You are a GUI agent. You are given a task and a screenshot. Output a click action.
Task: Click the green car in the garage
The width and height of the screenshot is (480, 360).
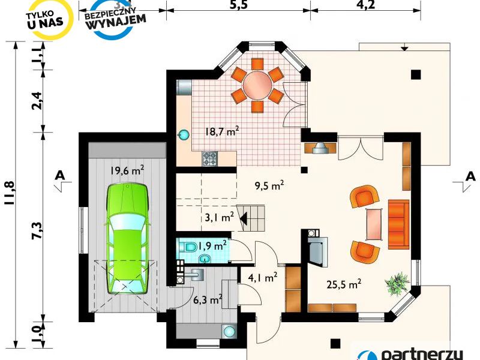click(x=127, y=239)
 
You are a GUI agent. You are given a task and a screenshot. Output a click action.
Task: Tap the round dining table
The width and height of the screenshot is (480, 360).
click(x=257, y=85)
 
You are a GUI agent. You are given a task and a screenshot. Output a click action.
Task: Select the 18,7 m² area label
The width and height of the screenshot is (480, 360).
click(x=222, y=131)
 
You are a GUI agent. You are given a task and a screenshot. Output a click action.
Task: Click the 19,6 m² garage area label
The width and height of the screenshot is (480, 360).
click(x=127, y=170)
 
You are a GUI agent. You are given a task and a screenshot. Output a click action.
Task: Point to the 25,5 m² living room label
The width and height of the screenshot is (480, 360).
click(x=344, y=284)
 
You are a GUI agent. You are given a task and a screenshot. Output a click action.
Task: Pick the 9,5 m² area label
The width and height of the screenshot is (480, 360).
click(x=269, y=185)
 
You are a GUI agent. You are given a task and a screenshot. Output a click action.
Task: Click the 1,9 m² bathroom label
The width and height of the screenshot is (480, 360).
click(x=212, y=245)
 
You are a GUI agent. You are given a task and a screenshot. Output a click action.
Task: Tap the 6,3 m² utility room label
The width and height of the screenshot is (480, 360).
click(x=208, y=299)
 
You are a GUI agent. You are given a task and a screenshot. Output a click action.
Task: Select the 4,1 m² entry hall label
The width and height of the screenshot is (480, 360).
click(x=263, y=278)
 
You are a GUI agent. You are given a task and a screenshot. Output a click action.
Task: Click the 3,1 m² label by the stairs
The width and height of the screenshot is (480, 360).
click(x=219, y=217)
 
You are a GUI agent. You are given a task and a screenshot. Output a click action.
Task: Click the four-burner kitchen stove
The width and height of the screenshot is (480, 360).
click(x=209, y=158)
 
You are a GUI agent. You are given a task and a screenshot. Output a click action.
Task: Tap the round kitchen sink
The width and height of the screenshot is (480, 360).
click(x=184, y=134)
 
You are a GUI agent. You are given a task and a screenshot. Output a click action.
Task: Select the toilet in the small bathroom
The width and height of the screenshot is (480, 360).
click(x=189, y=247)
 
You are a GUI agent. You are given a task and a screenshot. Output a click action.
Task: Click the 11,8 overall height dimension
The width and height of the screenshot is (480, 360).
click(x=10, y=193)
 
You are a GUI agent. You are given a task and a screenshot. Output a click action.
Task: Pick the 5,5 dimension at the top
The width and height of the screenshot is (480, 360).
click(x=238, y=5)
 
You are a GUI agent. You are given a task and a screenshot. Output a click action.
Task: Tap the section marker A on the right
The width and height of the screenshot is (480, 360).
click(x=470, y=176)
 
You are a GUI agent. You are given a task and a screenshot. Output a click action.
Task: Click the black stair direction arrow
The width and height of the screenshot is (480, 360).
click(x=244, y=219)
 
